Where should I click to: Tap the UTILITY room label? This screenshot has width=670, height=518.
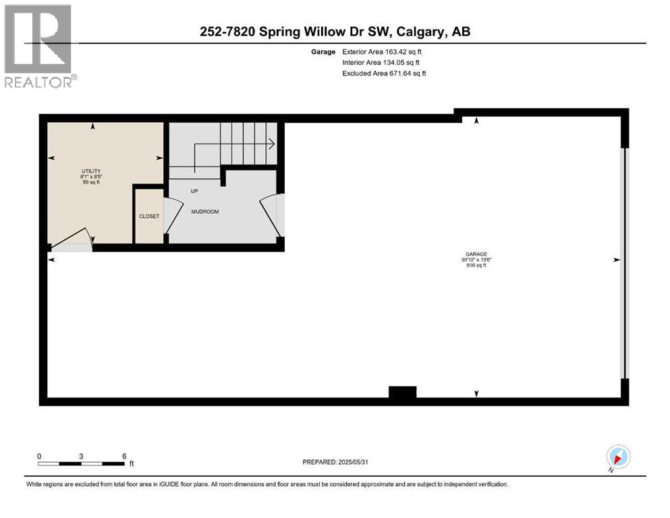[x=90, y=171]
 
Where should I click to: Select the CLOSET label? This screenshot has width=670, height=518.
[x=149, y=217]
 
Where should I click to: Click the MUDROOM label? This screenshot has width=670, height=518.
[x=204, y=211]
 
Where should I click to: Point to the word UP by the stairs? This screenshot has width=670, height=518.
[x=194, y=191]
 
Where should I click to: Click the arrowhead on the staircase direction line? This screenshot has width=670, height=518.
[x=271, y=143]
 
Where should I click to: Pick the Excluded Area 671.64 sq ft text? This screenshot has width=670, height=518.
[x=384, y=73]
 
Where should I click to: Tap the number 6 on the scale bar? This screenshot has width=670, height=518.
[x=124, y=456]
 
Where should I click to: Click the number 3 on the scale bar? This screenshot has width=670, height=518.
[x=81, y=456]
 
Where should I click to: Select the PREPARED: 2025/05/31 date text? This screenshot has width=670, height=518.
[x=335, y=462]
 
